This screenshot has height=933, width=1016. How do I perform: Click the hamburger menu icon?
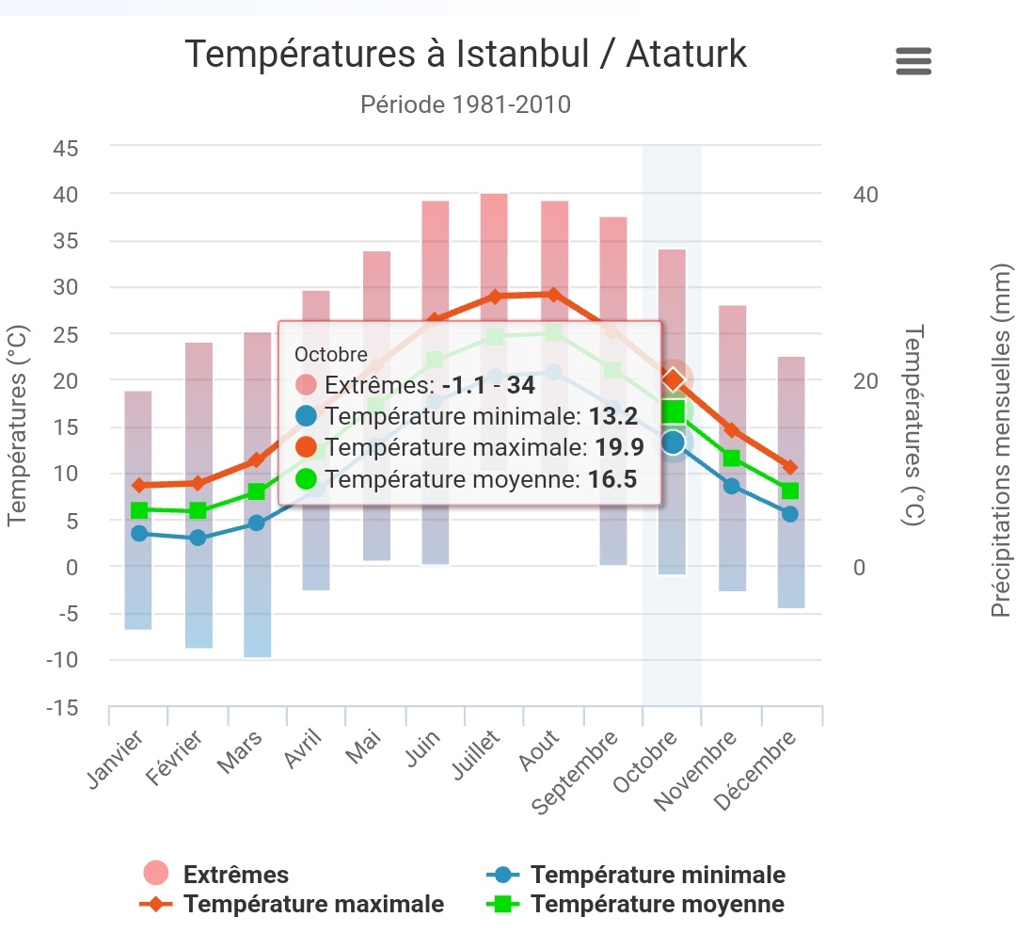913,61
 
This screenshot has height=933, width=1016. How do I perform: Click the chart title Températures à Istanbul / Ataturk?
465,55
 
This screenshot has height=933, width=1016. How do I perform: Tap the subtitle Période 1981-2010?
465,104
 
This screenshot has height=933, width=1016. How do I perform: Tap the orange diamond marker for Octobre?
673,379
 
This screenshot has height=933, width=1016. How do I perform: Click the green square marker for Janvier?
139,510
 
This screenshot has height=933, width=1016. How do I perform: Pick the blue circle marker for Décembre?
789,514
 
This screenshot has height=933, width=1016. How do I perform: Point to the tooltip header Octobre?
331,355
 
